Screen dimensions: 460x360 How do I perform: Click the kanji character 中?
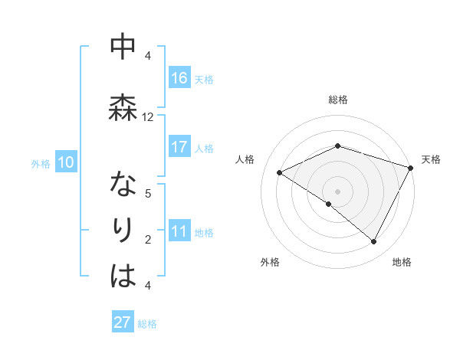tap(122, 47)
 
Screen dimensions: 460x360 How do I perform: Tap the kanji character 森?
tap(122, 108)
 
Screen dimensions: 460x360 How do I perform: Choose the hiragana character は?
tap(123, 276)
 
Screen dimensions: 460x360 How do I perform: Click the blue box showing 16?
tap(179, 78)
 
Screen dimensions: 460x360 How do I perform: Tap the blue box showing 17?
tap(179, 147)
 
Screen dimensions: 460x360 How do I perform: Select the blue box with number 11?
tap(179, 232)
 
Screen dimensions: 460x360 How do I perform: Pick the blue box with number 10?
tap(65, 162)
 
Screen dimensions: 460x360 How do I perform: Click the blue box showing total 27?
tap(123, 322)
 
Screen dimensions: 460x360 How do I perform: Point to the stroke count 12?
tap(148, 117)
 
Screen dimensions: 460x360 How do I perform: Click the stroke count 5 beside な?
tap(148, 194)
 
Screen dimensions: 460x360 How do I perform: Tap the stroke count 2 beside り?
tap(148, 240)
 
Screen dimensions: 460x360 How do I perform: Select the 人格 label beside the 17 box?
tap(204, 148)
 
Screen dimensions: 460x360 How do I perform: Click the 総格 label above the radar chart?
tap(338, 100)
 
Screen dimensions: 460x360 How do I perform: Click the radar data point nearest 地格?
tap(374, 242)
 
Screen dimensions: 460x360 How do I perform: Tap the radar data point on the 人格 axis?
tap(280, 173)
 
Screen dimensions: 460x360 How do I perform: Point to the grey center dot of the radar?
tap(337, 191)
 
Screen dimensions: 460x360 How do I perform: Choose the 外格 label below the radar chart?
tap(270, 262)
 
